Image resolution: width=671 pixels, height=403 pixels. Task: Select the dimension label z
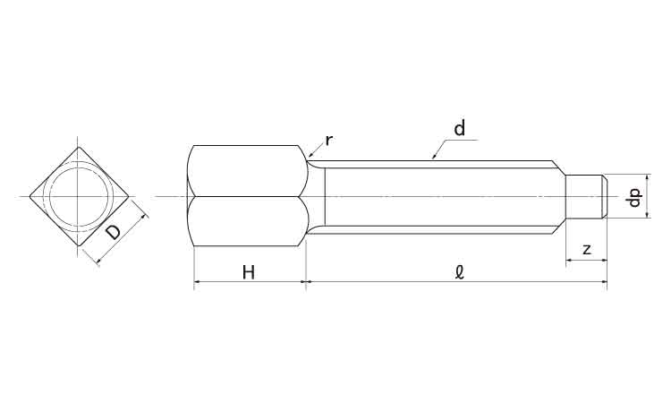click(586, 250)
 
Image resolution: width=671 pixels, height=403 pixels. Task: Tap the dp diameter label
click(634, 197)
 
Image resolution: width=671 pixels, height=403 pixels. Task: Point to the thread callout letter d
click(459, 129)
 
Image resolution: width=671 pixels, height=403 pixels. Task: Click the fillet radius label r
click(329, 140)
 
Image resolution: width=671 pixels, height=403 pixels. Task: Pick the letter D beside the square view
click(113, 233)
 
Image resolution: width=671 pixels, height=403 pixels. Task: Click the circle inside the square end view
click(79, 197)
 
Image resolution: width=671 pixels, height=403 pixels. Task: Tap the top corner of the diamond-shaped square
click(79, 146)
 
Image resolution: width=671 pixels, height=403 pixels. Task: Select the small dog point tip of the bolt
click(587, 196)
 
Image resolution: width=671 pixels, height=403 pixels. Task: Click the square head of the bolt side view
click(249, 196)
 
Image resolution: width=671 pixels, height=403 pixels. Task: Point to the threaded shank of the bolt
click(438, 196)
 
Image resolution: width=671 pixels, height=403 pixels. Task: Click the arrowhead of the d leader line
click(433, 158)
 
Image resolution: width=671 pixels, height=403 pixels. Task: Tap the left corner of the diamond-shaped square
click(30, 196)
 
